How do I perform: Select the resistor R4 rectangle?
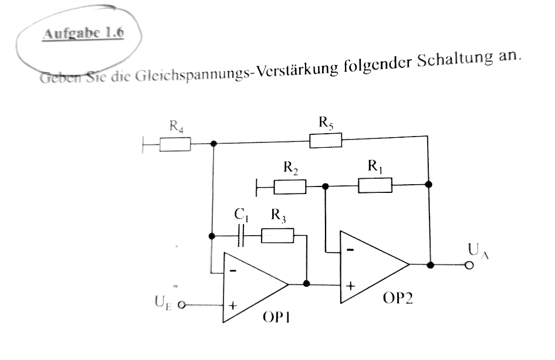coord(175,144)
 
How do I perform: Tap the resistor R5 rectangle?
coord(326,140)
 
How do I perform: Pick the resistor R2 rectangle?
coord(290,187)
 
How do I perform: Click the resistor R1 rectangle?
coord(375,185)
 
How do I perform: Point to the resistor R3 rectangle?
coord(277,236)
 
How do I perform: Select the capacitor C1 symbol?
coord(241,237)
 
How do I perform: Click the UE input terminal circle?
coord(181,305)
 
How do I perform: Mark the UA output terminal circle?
coord(468,265)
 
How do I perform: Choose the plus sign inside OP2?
coord(350,287)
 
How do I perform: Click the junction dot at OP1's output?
coord(306,284)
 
